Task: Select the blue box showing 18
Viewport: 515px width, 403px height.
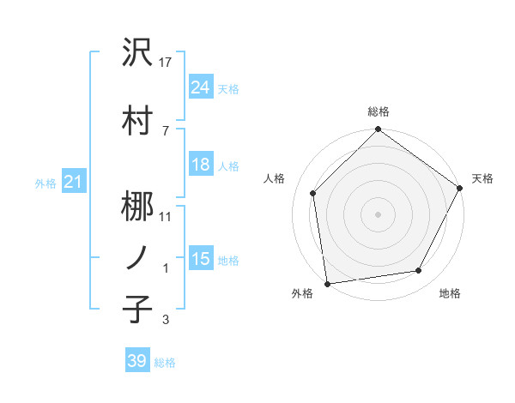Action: coord(200,165)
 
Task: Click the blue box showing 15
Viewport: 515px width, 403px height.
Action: coord(200,259)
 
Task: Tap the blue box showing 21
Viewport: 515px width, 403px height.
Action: coord(73,182)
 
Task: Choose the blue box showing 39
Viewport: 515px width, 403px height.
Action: coord(136,361)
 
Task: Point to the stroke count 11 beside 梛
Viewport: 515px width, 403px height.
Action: coord(167,215)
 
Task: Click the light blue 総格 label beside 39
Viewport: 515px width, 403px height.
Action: coord(166,363)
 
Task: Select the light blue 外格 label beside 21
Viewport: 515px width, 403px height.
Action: coord(45,183)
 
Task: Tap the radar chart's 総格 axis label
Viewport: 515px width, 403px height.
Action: coord(378,111)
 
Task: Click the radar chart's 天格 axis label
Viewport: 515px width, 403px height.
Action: coord(482,178)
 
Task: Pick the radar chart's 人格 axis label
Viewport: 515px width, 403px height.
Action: coord(275,178)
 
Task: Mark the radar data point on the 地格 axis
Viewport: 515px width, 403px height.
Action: coord(419,271)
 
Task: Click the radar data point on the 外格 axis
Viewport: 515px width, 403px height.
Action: coord(327,283)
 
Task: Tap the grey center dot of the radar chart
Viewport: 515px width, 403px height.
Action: coord(378,214)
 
